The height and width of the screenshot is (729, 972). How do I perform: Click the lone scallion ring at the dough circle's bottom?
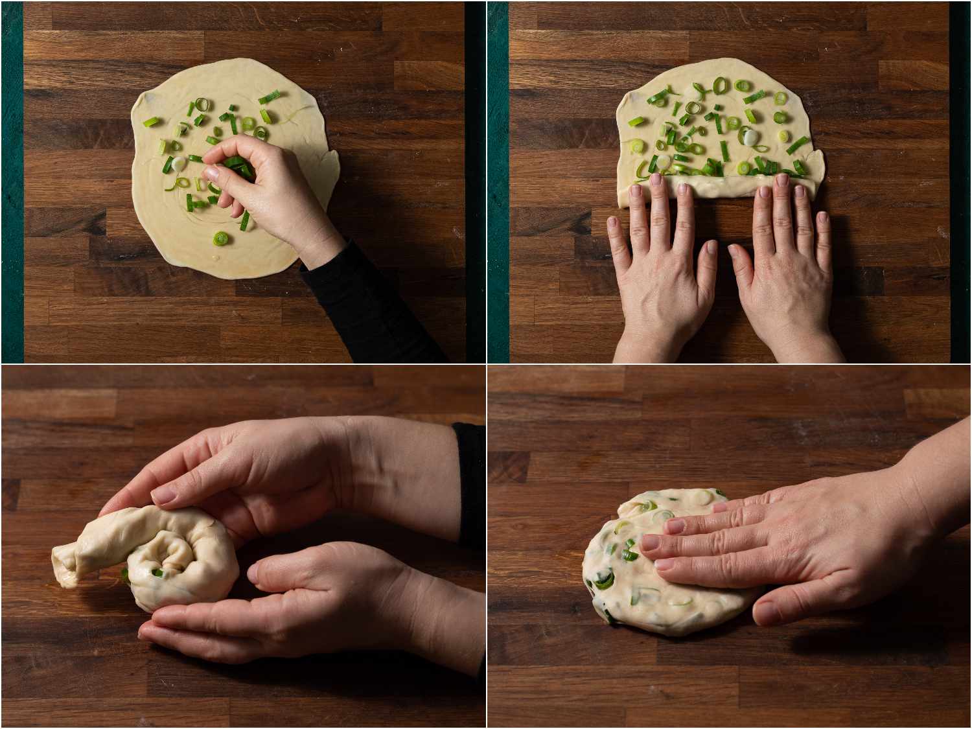click(x=221, y=239)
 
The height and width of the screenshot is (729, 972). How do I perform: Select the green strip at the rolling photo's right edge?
click(x=960, y=181)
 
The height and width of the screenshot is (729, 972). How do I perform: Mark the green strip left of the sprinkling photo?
click(x=12, y=181)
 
